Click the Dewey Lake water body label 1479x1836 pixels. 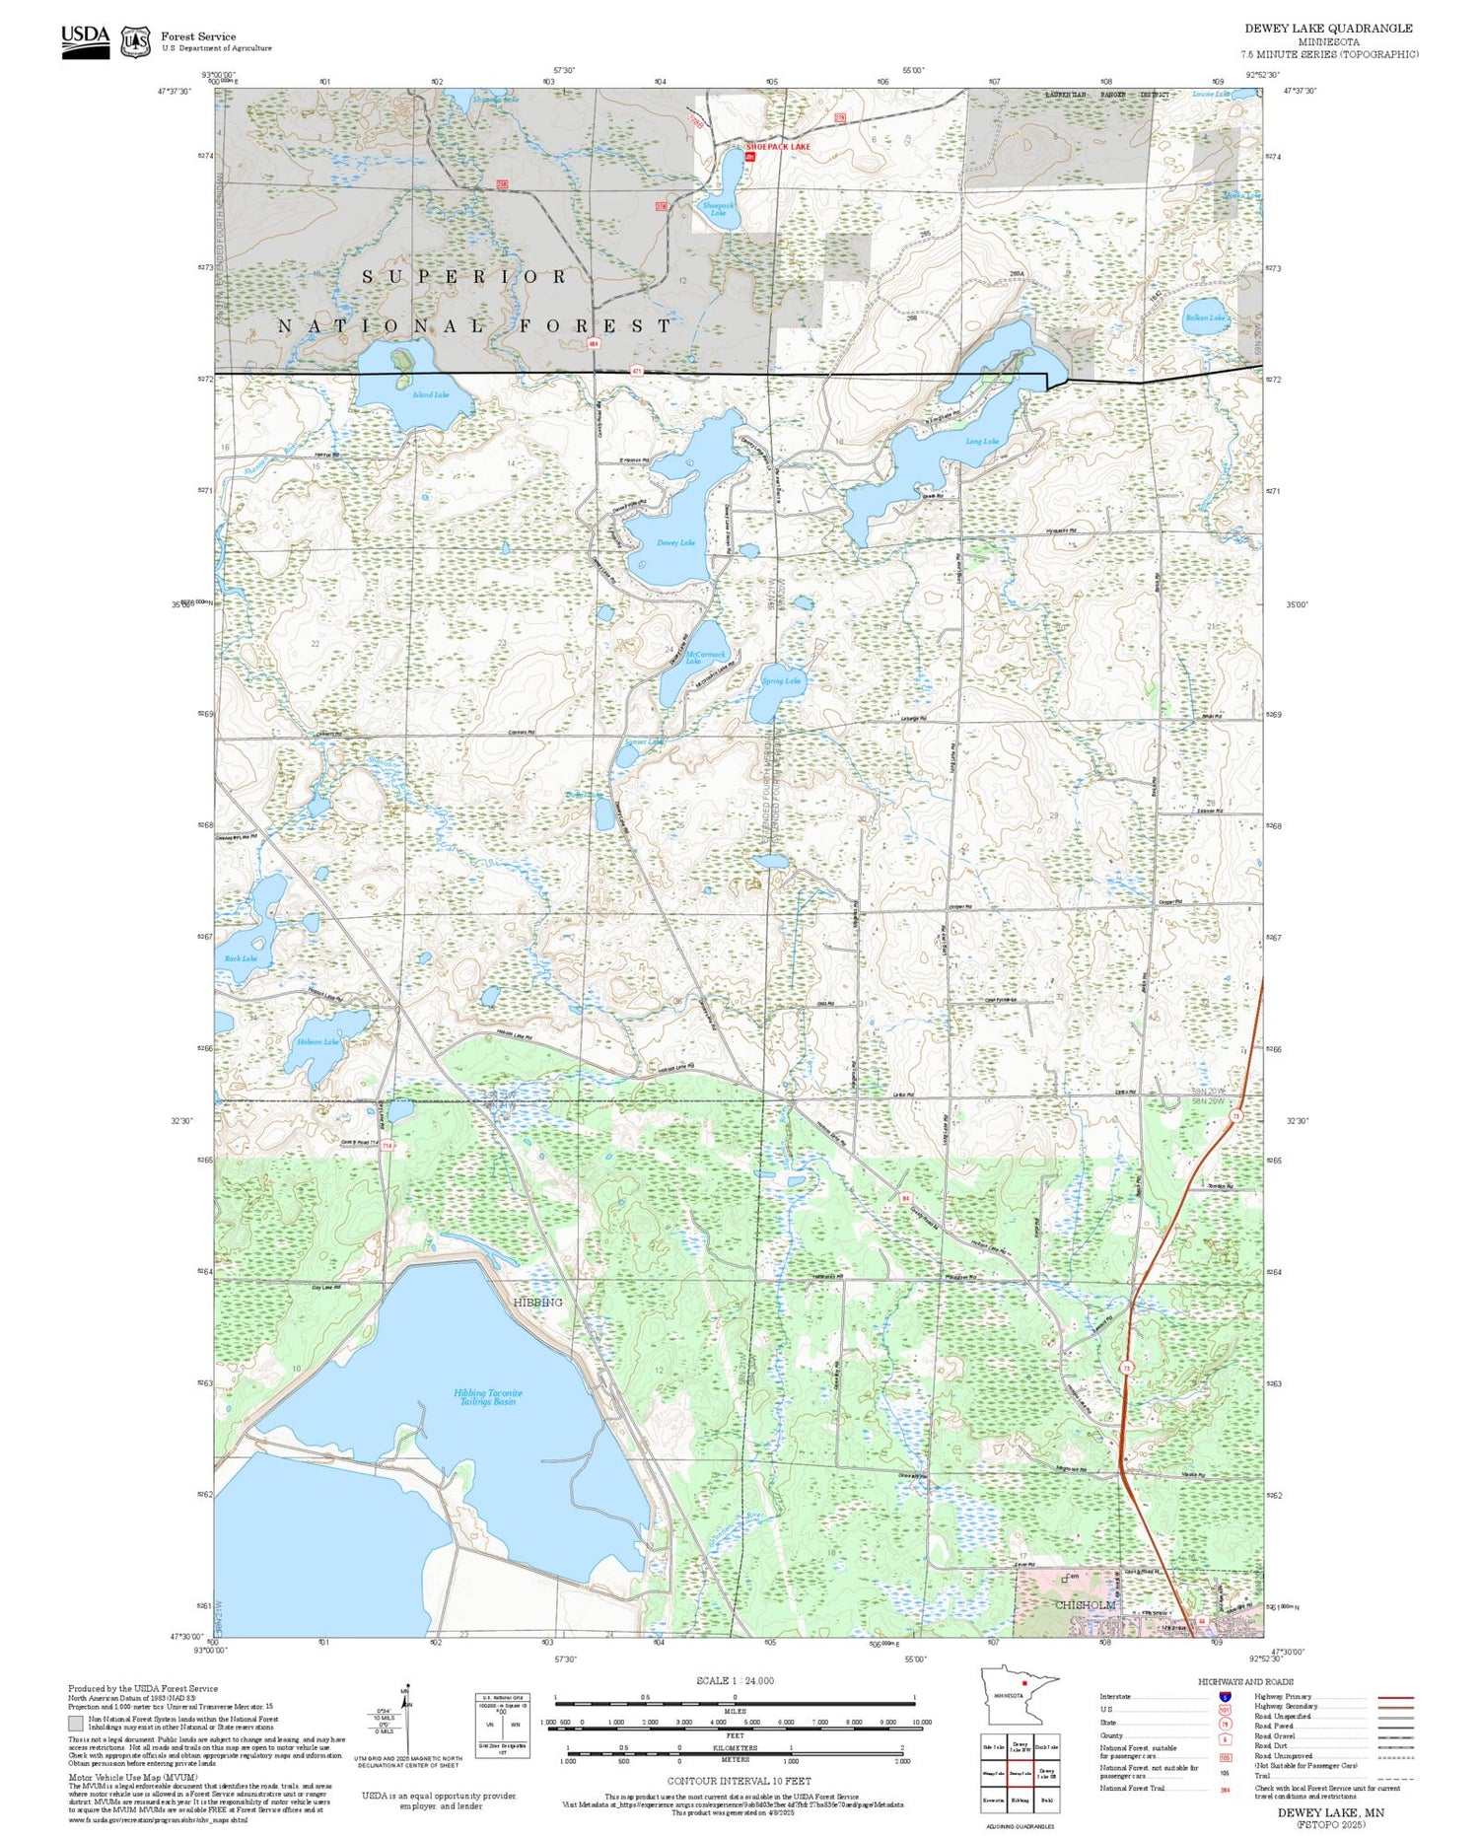(675, 542)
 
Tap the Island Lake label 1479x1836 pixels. (431, 394)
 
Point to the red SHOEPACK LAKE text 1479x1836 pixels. (778, 147)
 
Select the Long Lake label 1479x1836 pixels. (982, 442)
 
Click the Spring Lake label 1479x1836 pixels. (782, 680)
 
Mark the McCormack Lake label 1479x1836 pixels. (706, 658)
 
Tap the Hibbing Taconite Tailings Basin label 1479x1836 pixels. (488, 1397)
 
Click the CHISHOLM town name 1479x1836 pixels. (1086, 1604)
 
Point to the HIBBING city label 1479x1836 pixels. (537, 1303)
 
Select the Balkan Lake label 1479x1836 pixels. (1205, 318)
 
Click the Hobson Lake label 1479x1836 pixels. (317, 1041)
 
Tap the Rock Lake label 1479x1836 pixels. (241, 958)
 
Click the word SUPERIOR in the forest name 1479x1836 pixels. (464, 277)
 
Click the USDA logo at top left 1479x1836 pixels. (86, 40)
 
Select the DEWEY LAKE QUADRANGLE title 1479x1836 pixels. (1328, 29)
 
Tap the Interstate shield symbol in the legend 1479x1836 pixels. (1225, 1696)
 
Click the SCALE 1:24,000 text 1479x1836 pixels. (735, 1681)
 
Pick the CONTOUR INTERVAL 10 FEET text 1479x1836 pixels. (739, 1781)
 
